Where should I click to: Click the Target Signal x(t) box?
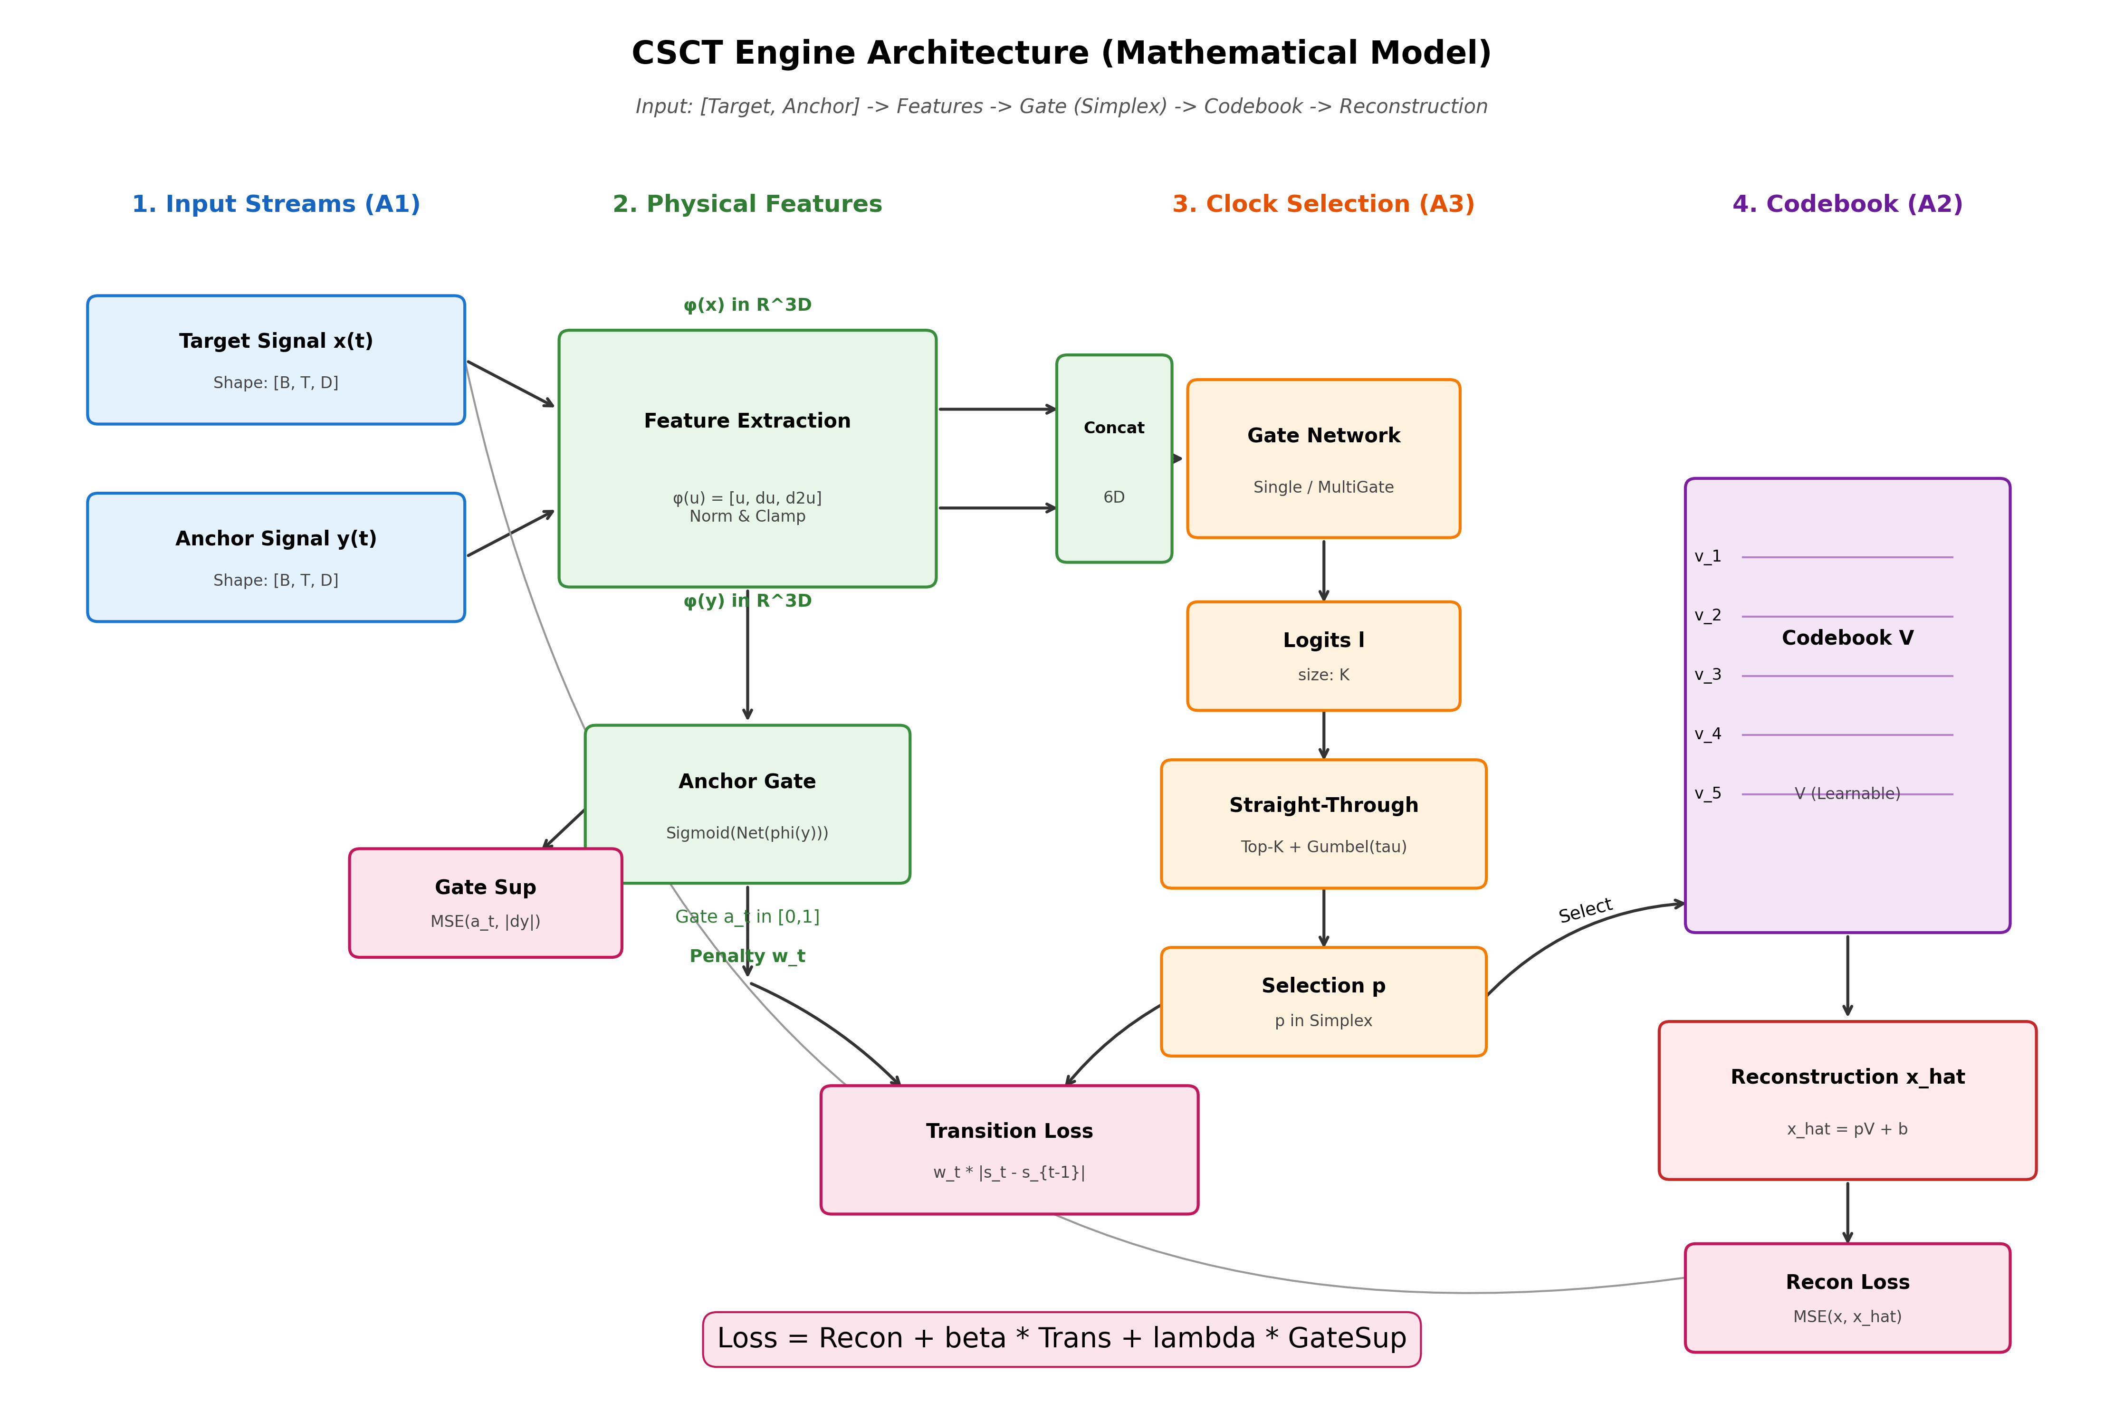click(276, 360)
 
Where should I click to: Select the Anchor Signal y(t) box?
click(276, 557)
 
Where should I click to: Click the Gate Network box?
click(1323, 459)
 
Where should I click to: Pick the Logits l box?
click(1323, 656)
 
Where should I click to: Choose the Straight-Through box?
click(1323, 823)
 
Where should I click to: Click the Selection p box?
click(1323, 1001)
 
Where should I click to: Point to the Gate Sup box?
click(485, 903)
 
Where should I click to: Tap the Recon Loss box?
click(1847, 1297)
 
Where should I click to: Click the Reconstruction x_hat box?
click(1847, 1100)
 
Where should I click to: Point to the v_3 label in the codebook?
click(1707, 675)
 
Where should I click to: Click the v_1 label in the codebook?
click(1707, 556)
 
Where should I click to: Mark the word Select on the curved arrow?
click(1585, 911)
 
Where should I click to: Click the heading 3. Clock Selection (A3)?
click(1323, 204)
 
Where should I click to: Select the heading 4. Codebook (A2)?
click(1847, 204)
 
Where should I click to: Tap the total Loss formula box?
click(1061, 1338)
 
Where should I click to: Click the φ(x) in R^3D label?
click(747, 305)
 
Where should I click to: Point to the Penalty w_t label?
click(747, 956)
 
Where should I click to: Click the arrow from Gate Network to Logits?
click(1323, 570)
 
